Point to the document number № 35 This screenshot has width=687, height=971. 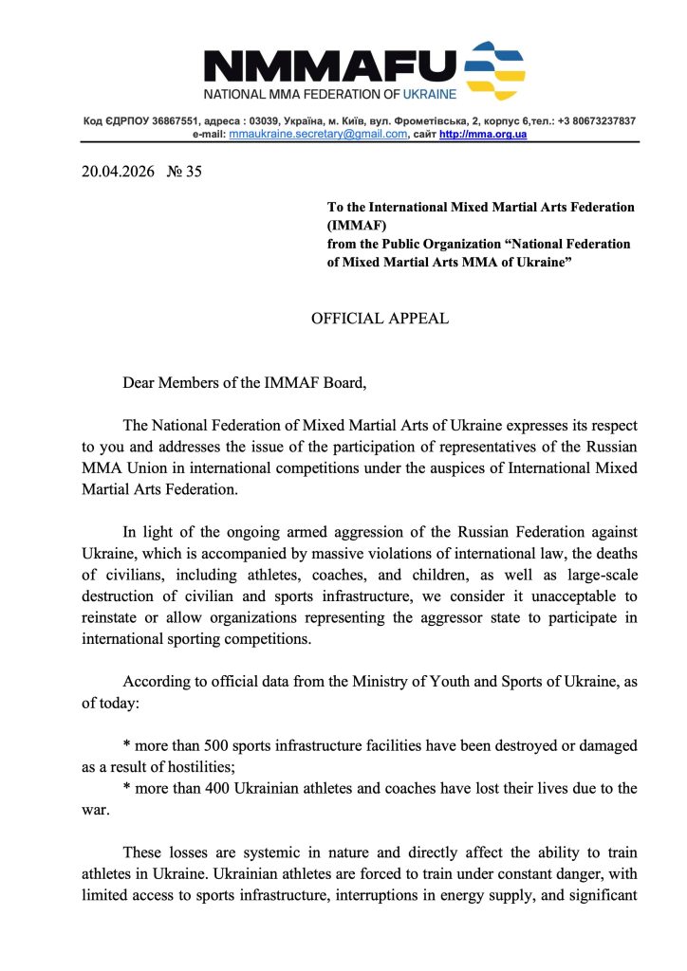click(x=184, y=172)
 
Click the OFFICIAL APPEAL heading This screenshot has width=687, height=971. click(x=380, y=319)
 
